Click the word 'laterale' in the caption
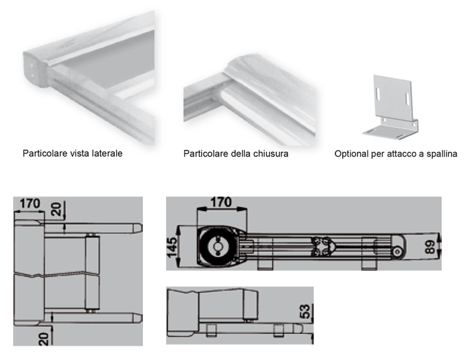(x=108, y=154)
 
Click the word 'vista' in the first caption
(x=78, y=154)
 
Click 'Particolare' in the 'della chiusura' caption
(x=205, y=154)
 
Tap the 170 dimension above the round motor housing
(x=221, y=202)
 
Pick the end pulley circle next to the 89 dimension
(x=398, y=252)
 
